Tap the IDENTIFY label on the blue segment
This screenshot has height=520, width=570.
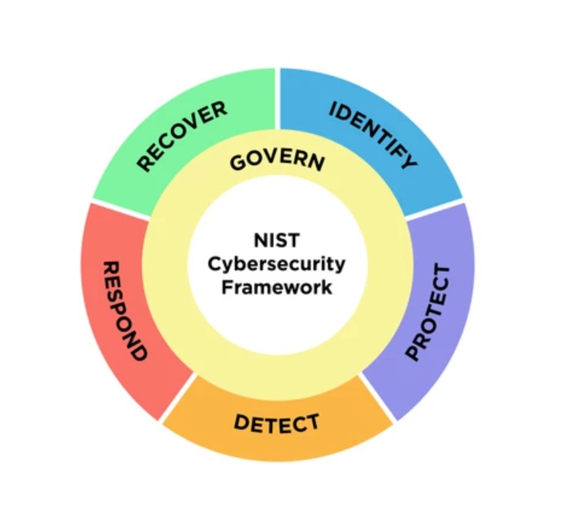point(373,135)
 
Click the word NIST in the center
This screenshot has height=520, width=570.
point(277,240)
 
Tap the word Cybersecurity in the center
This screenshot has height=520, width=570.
point(277,264)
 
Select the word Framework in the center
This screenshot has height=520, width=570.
point(277,287)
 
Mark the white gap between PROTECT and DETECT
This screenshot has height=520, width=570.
point(378,398)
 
